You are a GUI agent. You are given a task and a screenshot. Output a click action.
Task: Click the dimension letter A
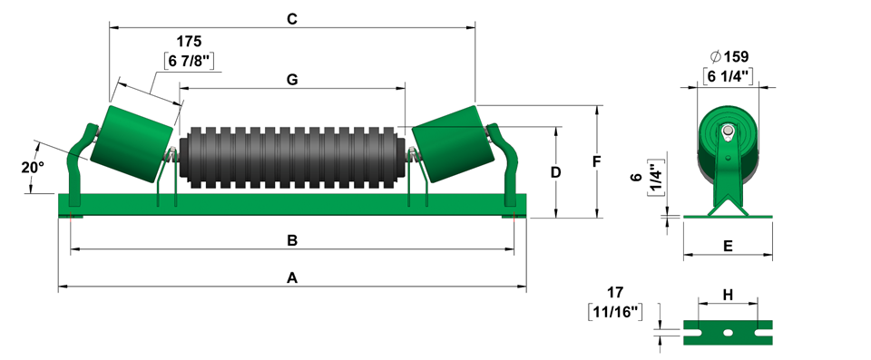point(292,277)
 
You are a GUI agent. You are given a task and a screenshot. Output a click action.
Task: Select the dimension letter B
point(292,240)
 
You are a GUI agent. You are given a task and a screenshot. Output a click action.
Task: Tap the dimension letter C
point(292,19)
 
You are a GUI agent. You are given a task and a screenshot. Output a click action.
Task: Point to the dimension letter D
point(555,172)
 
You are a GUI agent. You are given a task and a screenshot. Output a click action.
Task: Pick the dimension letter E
point(729,246)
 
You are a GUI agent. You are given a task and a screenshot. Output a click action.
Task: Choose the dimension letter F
point(597,161)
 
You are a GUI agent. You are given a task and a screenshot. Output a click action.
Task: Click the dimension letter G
point(292,80)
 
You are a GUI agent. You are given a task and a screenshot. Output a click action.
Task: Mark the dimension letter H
point(728,295)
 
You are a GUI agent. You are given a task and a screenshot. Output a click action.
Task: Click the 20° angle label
point(33,168)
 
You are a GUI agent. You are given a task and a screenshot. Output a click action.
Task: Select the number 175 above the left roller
point(189,42)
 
